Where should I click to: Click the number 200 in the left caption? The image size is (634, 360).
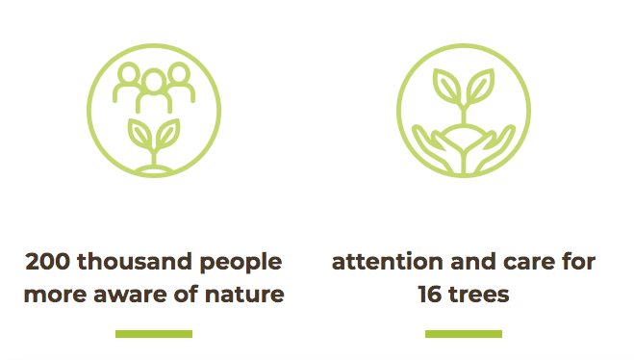click(48, 262)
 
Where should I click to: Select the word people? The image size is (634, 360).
click(241, 264)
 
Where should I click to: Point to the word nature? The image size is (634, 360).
click(244, 295)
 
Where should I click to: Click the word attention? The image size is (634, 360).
click(388, 262)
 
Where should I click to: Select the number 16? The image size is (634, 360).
click(430, 295)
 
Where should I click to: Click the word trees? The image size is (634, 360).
click(479, 295)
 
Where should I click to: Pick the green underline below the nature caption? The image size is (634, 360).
click(154, 334)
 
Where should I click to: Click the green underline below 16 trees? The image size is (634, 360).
click(464, 334)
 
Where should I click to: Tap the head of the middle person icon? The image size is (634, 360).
click(154, 81)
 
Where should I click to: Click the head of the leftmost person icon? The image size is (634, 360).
click(129, 74)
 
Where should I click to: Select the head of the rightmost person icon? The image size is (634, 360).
click(179, 74)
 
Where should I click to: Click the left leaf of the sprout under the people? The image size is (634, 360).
click(139, 134)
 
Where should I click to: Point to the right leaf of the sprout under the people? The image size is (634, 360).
click(167, 134)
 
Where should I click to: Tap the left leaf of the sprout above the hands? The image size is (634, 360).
click(446, 86)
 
